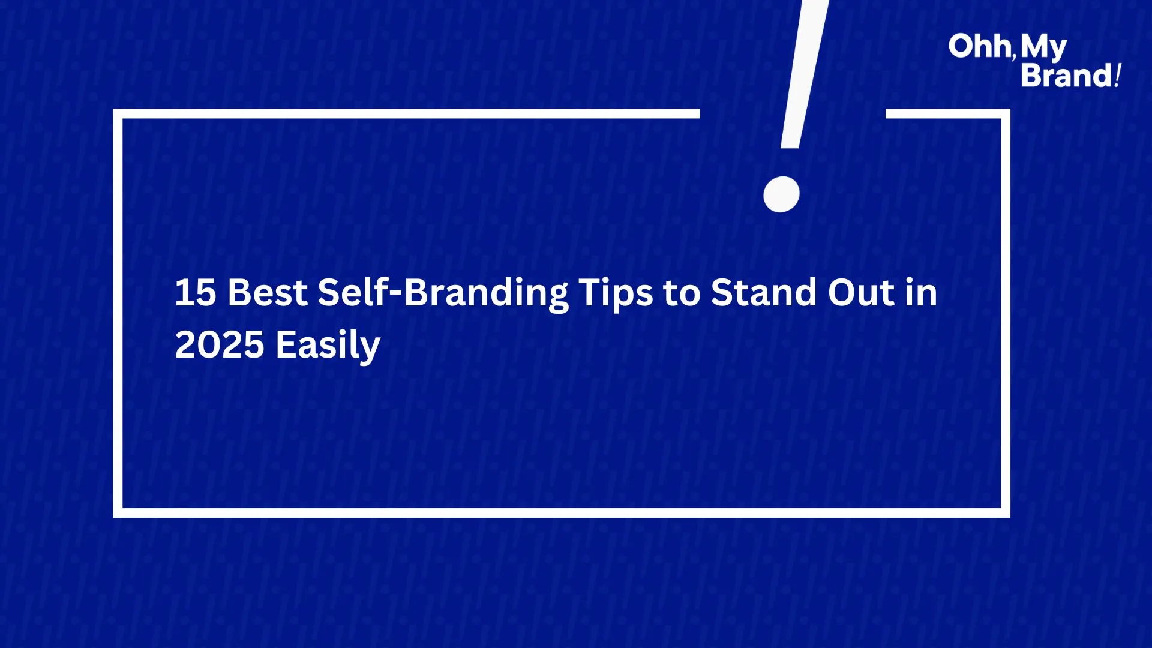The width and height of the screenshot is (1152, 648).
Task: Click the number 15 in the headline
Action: click(x=196, y=293)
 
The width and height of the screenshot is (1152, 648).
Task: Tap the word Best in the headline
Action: click(x=268, y=293)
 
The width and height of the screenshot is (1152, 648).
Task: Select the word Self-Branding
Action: click(x=443, y=294)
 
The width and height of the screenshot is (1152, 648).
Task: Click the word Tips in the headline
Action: click(x=616, y=295)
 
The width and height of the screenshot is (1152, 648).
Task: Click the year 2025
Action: click(x=220, y=345)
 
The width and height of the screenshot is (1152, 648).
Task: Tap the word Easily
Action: click(x=328, y=346)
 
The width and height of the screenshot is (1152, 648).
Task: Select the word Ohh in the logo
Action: click(x=980, y=46)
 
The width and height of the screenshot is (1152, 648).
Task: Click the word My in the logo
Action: click(x=1044, y=48)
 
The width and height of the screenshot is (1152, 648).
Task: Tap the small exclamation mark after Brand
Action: click(x=1118, y=76)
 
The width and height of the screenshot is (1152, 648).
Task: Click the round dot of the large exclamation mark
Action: click(x=781, y=194)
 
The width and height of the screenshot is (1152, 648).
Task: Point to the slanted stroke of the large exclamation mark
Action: click(x=805, y=74)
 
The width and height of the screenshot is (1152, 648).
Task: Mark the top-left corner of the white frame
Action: click(x=118, y=114)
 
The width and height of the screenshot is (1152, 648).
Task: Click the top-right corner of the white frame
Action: click(x=1006, y=114)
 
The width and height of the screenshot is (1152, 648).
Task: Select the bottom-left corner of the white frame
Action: click(x=118, y=513)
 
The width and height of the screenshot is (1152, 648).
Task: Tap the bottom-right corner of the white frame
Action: click(x=1006, y=513)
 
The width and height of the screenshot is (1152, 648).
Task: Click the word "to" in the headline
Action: click(x=682, y=294)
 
